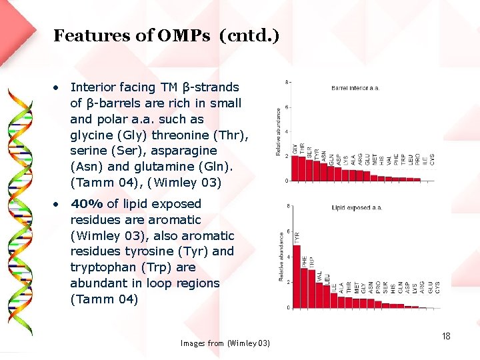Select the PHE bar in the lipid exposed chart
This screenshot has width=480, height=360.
pyautogui.click(x=304, y=287)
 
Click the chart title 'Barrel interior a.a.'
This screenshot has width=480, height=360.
pyautogui.click(x=355, y=88)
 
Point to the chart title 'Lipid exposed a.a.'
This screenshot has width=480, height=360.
pyautogui.click(x=357, y=208)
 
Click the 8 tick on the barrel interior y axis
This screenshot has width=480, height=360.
pyautogui.click(x=287, y=83)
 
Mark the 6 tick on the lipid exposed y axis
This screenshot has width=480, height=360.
pyautogui.click(x=287, y=231)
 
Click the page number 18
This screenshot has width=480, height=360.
pyautogui.click(x=446, y=336)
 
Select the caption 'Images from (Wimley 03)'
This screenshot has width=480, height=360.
pyautogui.click(x=225, y=343)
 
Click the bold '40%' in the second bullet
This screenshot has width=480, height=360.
pyautogui.click(x=87, y=204)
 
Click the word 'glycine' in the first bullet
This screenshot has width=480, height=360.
pyautogui.click(x=91, y=135)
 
